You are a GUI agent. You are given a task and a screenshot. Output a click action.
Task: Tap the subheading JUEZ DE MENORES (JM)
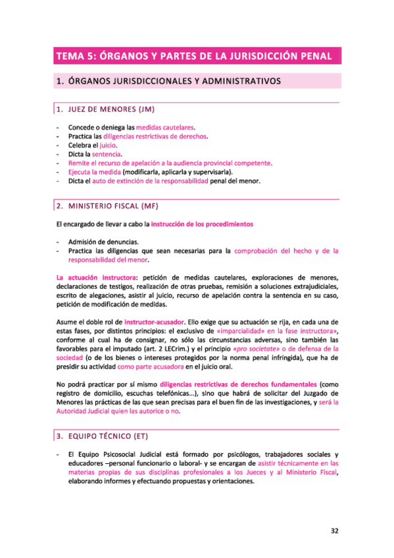coord(110,109)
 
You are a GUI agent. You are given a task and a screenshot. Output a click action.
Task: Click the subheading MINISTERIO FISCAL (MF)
coord(113,205)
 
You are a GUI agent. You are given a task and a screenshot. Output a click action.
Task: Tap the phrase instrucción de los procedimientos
coord(202,224)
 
